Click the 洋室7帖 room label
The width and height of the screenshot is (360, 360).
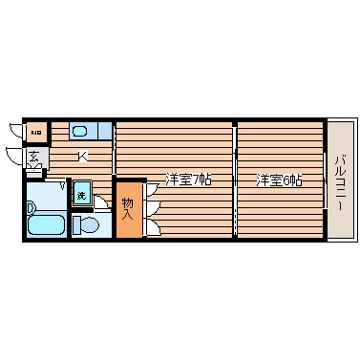[x=188, y=179]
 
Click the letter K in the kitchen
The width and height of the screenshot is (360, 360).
[x=84, y=156]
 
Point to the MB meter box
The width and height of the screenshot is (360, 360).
[x=36, y=131]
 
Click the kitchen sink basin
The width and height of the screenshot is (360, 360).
[x=80, y=131]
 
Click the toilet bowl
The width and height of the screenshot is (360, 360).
[x=86, y=224]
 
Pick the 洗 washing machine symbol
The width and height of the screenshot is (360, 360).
[x=81, y=195]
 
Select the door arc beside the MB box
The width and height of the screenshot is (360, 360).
[x=15, y=130]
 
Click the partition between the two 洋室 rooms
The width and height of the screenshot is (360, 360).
[x=235, y=179]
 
